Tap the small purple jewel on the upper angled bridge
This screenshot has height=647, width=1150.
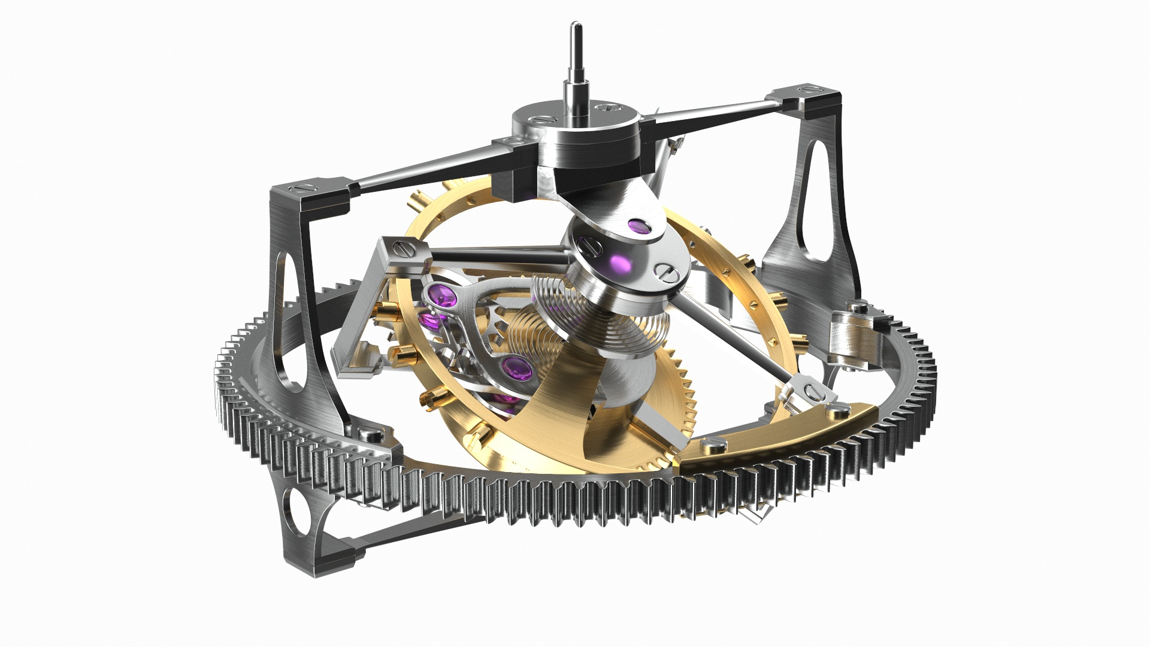click(639, 226)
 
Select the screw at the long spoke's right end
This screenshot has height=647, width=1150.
click(815, 392)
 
